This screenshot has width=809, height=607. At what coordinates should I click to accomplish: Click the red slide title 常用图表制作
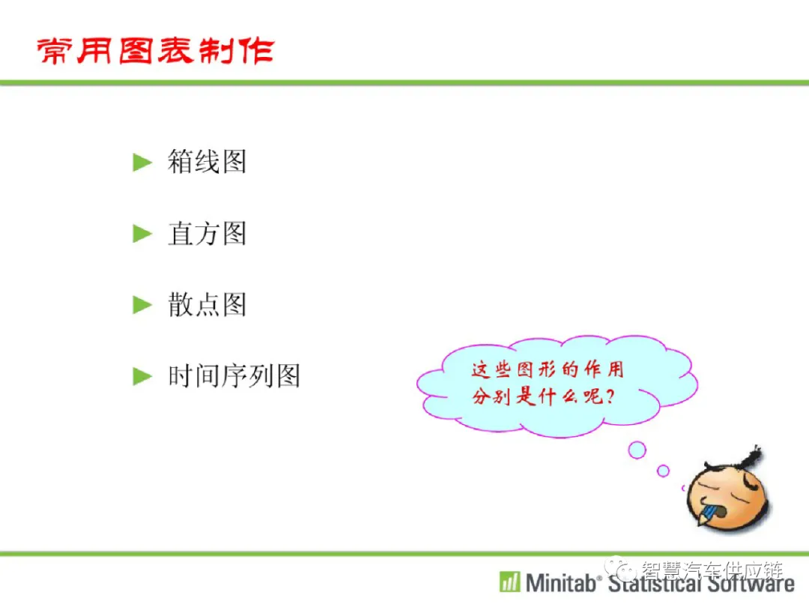pos(155,51)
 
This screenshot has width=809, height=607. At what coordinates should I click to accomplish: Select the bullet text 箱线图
pos(207,162)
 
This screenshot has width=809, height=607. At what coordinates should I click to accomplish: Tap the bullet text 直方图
pos(207,233)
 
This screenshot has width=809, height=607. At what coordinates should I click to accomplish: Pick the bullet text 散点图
pos(207,304)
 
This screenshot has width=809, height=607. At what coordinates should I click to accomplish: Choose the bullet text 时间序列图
pos(234,375)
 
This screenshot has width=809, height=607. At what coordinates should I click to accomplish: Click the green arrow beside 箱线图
pos(142,162)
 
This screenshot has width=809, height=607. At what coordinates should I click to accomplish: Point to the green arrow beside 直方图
pos(142,233)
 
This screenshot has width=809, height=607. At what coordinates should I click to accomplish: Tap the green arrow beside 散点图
pos(142,304)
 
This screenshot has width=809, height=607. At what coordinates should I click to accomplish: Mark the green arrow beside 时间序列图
pos(142,375)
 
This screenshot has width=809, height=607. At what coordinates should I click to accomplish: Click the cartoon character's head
pos(727,495)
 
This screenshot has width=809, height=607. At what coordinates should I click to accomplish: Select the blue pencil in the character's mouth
pos(707,516)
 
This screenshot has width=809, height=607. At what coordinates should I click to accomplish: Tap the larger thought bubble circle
pos(637,450)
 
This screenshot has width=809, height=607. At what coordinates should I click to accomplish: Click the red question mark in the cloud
pos(610,396)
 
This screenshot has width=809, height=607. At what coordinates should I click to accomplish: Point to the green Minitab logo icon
pos(510,582)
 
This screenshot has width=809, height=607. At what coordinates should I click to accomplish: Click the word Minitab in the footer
pos(560,583)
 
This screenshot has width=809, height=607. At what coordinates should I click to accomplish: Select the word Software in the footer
pos(751,583)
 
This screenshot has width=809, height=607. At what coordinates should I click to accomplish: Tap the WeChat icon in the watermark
pos(621,569)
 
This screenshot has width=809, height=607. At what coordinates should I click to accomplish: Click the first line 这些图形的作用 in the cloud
pos(548,369)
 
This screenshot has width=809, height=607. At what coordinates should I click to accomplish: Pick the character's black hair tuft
pos(749,457)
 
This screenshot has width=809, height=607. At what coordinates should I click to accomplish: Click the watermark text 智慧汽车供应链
pos(712,570)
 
